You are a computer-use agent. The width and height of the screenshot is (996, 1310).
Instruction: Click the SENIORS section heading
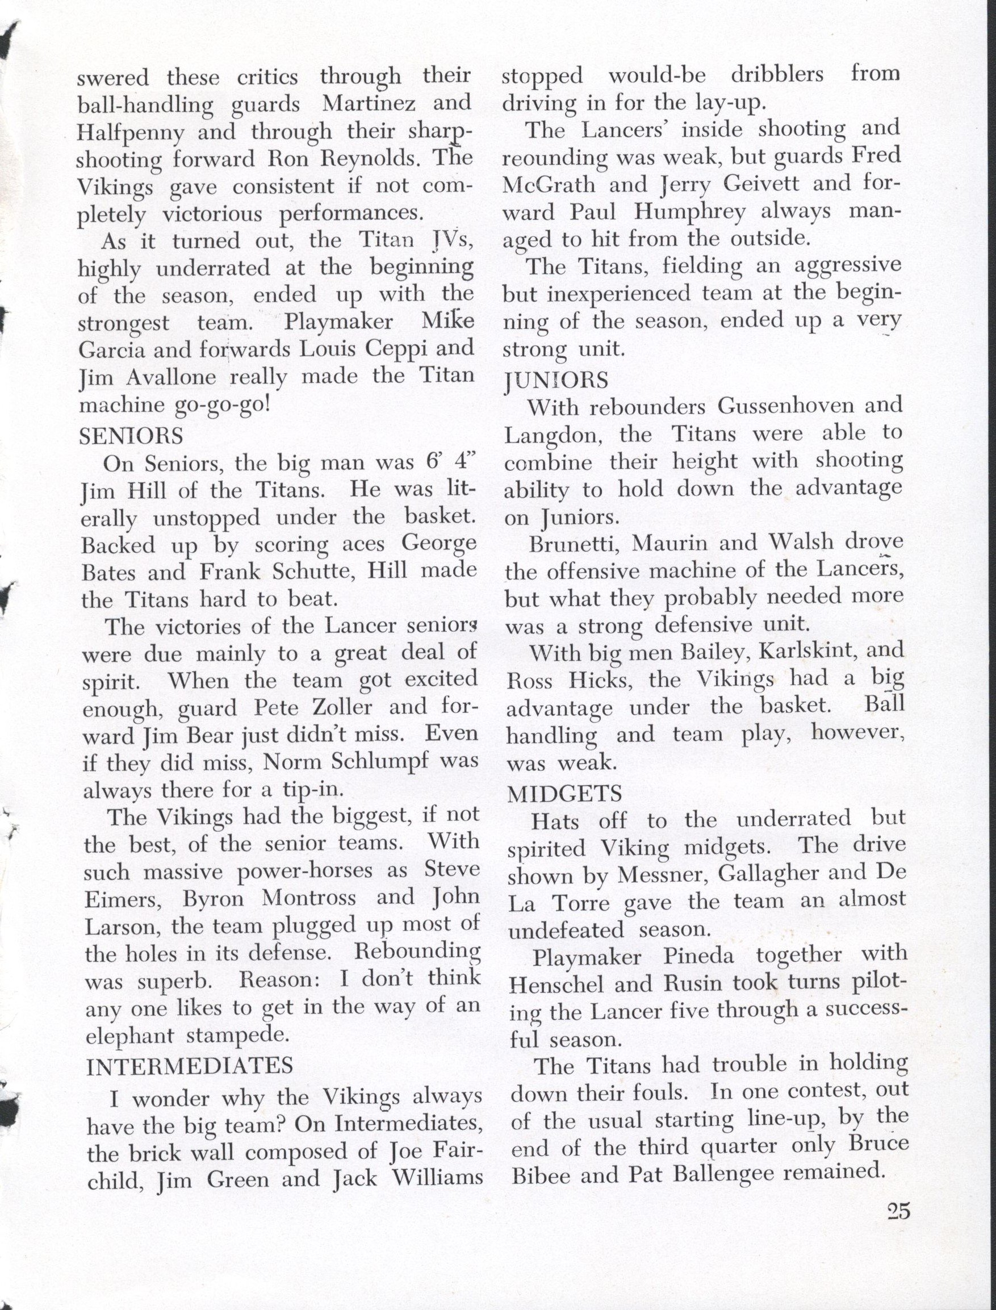[131, 436]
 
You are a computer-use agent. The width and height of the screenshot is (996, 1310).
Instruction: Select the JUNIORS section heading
[556, 379]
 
